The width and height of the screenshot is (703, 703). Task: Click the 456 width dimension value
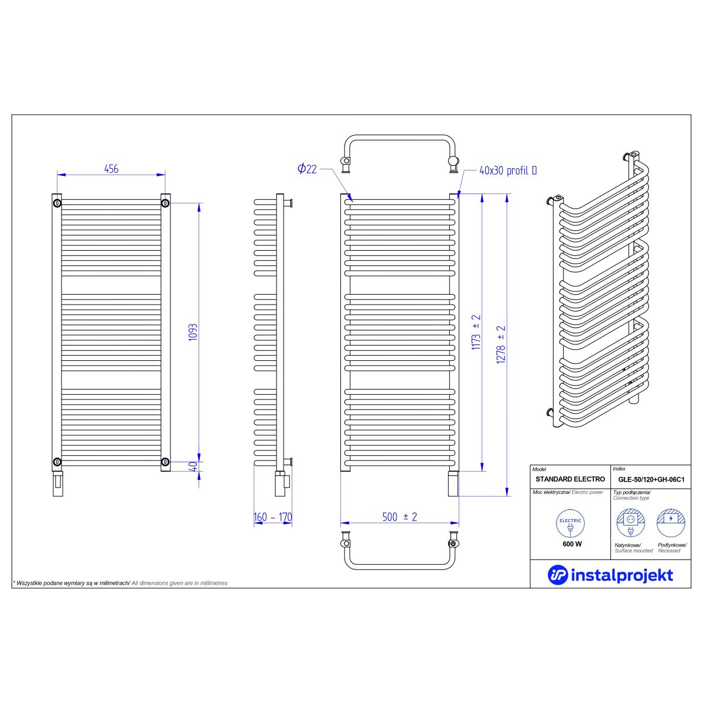click(x=111, y=169)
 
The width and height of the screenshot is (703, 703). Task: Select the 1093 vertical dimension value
click(x=193, y=332)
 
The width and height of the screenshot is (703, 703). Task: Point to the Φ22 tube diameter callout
click(x=307, y=169)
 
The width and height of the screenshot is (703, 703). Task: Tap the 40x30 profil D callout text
click(x=508, y=170)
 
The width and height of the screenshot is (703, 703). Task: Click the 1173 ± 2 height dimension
click(x=476, y=332)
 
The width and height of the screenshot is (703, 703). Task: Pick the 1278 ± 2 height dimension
click(x=501, y=344)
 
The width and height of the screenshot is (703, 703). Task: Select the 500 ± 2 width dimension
click(x=400, y=517)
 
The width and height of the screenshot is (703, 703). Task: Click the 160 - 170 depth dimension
click(x=273, y=517)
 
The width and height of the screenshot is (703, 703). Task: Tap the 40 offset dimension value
click(x=194, y=466)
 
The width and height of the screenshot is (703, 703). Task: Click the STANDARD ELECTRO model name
click(x=570, y=479)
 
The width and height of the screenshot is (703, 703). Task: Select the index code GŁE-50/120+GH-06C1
click(x=651, y=479)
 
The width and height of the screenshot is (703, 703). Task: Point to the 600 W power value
click(x=572, y=544)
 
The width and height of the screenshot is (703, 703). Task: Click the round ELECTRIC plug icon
click(x=570, y=524)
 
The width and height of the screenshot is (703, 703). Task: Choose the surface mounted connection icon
click(x=631, y=523)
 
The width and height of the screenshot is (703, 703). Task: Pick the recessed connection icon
click(x=671, y=523)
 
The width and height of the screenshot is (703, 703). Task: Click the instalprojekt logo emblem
click(x=558, y=575)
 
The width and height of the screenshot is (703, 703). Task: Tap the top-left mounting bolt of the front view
click(x=57, y=203)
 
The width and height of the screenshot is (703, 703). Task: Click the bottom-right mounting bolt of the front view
click(x=165, y=462)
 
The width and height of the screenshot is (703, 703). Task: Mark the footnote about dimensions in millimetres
click(x=120, y=583)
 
